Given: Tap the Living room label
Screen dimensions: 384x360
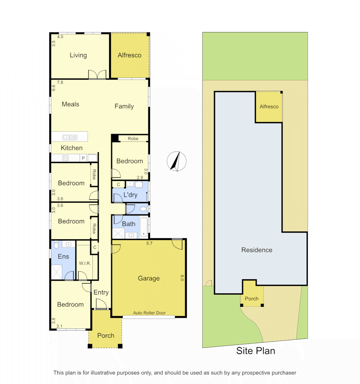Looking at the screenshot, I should point(78,55).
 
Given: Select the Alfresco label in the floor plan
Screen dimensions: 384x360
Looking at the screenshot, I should point(129,55).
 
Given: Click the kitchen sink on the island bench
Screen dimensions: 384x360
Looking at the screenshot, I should point(70,137).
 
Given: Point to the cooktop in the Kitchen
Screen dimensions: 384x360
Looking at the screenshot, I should point(65,158).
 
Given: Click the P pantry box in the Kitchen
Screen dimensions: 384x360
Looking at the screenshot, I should point(83,158).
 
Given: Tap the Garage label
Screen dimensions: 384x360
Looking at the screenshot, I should point(149,278).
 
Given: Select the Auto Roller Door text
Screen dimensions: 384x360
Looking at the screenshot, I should point(149,313).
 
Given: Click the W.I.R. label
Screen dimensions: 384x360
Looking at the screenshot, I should point(85,263).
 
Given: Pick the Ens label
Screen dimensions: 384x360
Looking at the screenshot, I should point(63,257).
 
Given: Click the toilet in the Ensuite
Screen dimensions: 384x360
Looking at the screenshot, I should point(56,245).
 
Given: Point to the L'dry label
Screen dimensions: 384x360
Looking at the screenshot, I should point(130,195).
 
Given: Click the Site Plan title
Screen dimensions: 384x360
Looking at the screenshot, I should point(256,351).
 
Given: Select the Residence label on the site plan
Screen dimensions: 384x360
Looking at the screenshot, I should point(257,250).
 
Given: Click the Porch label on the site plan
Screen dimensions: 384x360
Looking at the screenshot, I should point(252,299).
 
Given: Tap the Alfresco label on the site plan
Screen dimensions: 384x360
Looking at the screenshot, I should point(269,107).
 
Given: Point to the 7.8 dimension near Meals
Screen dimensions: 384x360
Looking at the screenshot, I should point(60,82).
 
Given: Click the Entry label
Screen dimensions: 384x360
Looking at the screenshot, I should point(101,292).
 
